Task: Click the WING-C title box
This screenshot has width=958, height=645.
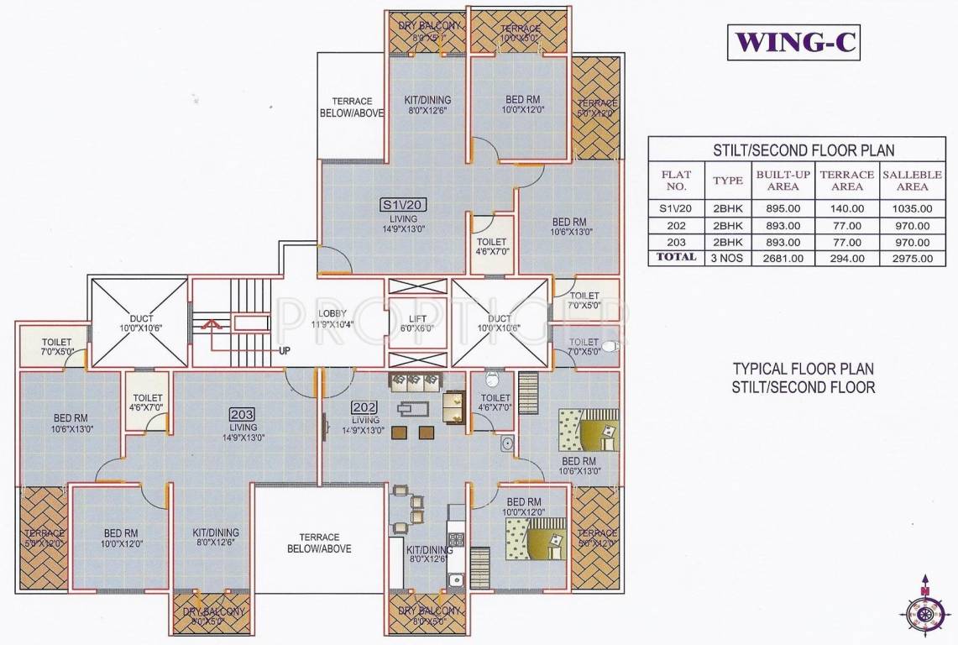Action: click(x=794, y=43)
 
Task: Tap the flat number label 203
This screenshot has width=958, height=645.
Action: click(x=242, y=413)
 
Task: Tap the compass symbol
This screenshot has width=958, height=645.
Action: click(x=925, y=613)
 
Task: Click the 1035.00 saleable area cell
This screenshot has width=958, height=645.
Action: click(x=912, y=208)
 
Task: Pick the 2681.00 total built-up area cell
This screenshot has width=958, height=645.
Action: click(x=778, y=258)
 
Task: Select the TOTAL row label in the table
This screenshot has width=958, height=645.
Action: click(x=676, y=257)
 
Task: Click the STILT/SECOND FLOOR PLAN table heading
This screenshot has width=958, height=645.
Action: click(x=804, y=151)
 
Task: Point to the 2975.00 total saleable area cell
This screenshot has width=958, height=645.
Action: click(x=912, y=258)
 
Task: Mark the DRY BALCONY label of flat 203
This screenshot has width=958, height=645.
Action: click(x=208, y=611)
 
